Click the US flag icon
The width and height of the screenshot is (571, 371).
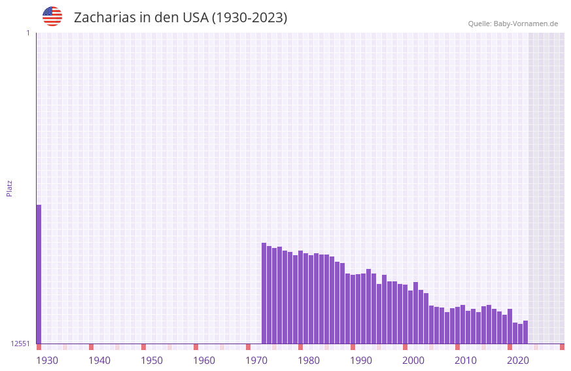tap(52, 16)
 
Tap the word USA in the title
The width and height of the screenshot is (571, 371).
tap(195, 18)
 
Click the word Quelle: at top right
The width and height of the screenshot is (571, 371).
tap(479, 24)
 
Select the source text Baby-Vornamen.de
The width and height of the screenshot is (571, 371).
tap(525, 24)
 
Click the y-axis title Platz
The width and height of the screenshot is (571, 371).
tap(9, 188)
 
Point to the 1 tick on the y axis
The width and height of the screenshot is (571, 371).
tap(27, 33)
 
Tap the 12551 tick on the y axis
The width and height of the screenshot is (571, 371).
tap(20, 344)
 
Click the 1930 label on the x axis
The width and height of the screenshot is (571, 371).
tap(47, 361)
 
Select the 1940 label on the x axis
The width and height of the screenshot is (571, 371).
tap(99, 361)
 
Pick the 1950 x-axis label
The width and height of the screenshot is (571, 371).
tap(152, 361)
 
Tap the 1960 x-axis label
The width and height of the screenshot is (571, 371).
tap(204, 361)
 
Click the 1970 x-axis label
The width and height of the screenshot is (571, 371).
tap(256, 361)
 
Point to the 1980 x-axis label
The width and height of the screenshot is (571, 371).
tap(309, 361)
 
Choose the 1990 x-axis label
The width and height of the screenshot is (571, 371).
tap(361, 361)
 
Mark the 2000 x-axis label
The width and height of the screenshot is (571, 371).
tap(413, 361)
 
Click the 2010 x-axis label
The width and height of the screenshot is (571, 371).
tap(466, 361)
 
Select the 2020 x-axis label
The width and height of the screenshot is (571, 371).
tap(518, 361)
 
